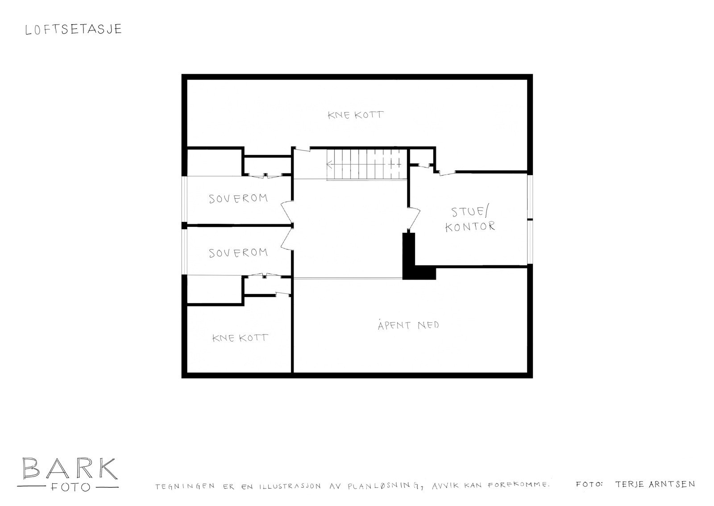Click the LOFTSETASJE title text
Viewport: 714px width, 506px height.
[73, 29]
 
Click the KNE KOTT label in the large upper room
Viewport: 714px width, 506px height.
[355, 115]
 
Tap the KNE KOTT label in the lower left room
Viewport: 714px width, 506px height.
[240, 338]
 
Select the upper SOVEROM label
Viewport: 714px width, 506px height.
[238, 198]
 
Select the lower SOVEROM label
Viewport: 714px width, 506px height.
[238, 253]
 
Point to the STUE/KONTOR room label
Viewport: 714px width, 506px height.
[470, 218]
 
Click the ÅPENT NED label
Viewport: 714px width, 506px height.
[408, 325]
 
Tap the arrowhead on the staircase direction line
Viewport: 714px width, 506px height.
[329, 164]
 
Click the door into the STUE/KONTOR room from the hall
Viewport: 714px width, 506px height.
[414, 218]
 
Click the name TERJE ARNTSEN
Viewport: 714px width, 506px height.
[654, 484]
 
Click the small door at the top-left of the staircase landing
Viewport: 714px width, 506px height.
[302, 149]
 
